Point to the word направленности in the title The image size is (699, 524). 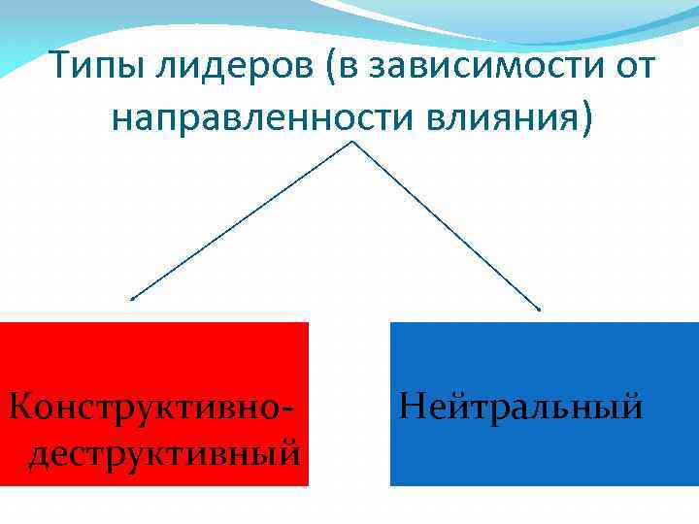pyautogui.click(x=263, y=117)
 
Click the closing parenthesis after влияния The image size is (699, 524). pyautogui.click(x=582, y=118)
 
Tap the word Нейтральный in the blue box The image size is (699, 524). pyautogui.click(x=520, y=402)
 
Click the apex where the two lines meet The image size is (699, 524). pyautogui.click(x=352, y=143)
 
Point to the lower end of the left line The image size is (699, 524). pyautogui.click(x=132, y=299)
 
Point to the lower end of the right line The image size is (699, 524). pyautogui.click(x=540, y=311)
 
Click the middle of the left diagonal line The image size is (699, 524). pyautogui.click(x=243, y=221)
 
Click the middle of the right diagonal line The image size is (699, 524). pyautogui.click(x=447, y=227)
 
